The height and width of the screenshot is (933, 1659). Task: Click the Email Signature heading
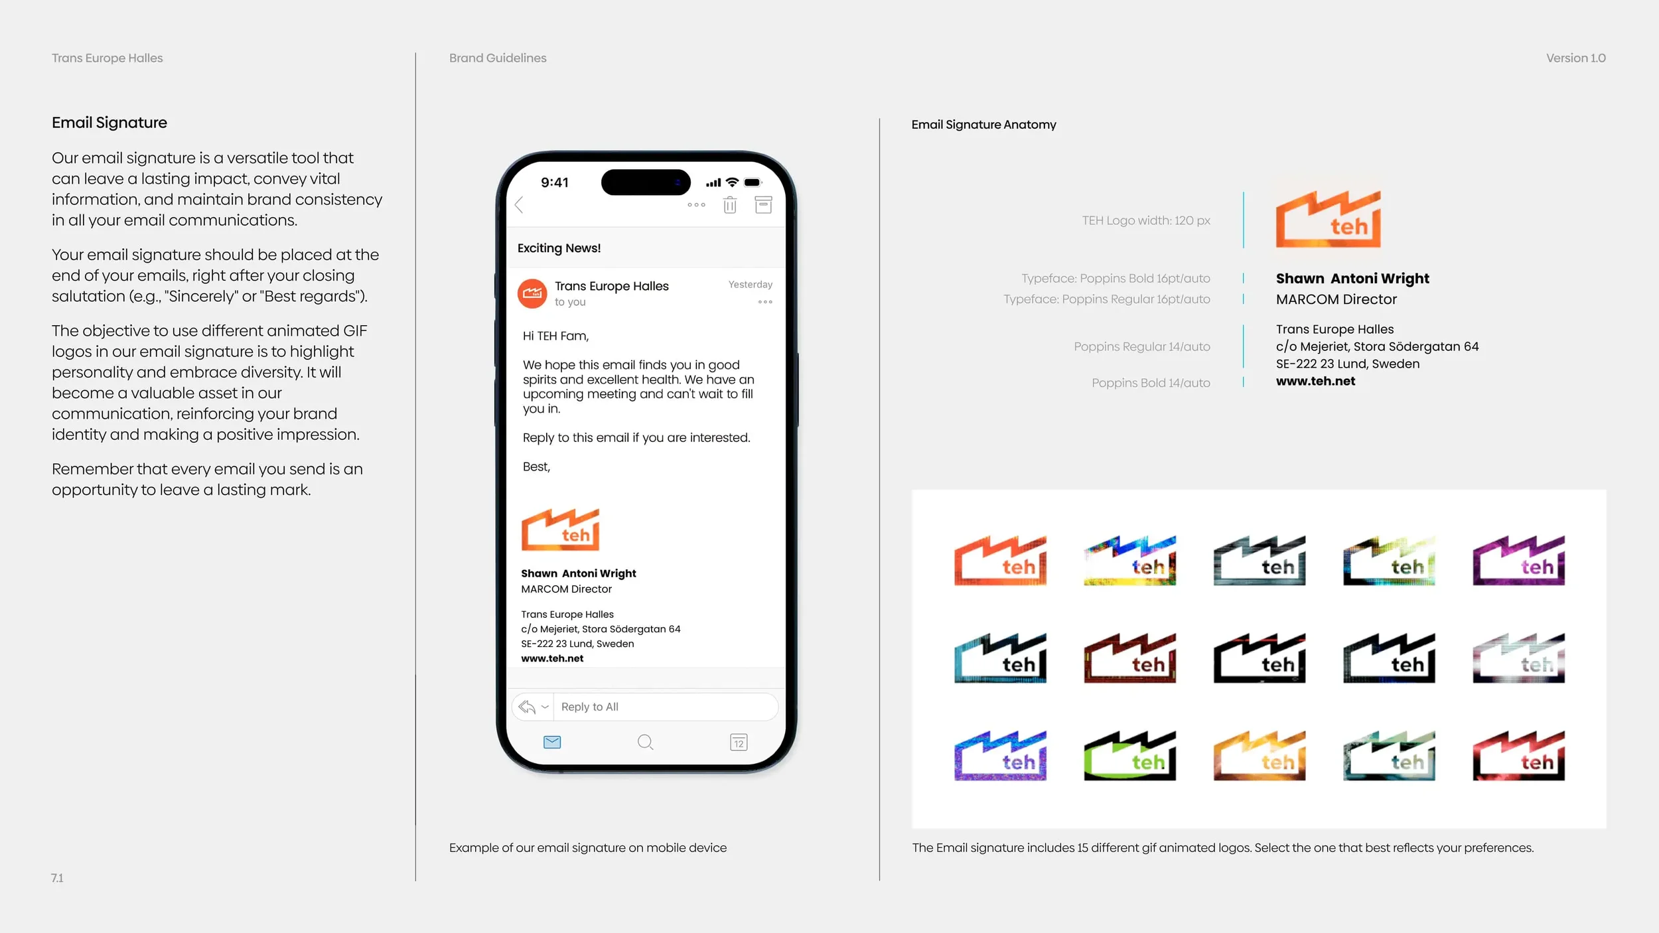(x=109, y=123)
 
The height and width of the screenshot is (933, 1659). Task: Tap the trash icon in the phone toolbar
(x=730, y=205)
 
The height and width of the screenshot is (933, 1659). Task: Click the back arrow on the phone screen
(x=520, y=205)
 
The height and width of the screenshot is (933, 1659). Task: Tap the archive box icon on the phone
(x=763, y=205)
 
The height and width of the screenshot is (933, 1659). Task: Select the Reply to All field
(x=664, y=707)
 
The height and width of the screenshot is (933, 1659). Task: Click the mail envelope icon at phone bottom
(x=552, y=742)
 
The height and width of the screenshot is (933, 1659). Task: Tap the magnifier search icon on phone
(x=645, y=742)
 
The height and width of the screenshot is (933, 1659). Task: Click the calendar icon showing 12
(x=739, y=742)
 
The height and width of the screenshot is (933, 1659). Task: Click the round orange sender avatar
(x=532, y=293)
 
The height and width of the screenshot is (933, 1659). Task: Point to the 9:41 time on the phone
(x=555, y=182)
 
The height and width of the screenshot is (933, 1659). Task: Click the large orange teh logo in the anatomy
(x=1328, y=220)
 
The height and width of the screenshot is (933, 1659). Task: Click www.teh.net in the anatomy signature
(x=1315, y=381)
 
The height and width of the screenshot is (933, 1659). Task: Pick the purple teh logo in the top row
(x=1518, y=561)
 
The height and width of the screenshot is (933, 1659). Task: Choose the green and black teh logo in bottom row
(x=1129, y=756)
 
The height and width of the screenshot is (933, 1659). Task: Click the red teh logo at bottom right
(x=1518, y=756)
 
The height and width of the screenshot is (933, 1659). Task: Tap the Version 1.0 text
(x=1575, y=58)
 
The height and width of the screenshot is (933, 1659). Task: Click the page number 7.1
(x=57, y=878)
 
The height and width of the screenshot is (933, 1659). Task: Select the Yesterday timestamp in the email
(x=750, y=285)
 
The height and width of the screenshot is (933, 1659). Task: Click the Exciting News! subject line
(x=559, y=248)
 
